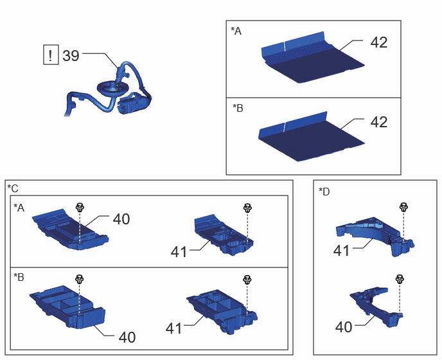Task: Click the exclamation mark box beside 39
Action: click(x=51, y=55)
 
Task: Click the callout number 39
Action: click(x=71, y=55)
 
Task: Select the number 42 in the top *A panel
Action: click(x=379, y=42)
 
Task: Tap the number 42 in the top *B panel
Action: click(x=379, y=122)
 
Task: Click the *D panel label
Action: click(x=324, y=192)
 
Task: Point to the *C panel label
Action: click(x=13, y=188)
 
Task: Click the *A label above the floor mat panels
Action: click(x=236, y=31)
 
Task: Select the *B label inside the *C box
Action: click(x=19, y=277)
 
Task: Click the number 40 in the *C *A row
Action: click(x=121, y=219)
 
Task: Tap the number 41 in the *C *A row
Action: click(x=179, y=252)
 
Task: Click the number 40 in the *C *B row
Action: click(x=127, y=337)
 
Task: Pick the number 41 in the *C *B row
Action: click(x=173, y=328)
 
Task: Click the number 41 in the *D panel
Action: click(x=341, y=251)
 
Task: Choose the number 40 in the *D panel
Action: click(x=344, y=327)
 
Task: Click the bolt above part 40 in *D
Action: click(x=400, y=279)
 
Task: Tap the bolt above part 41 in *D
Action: click(x=403, y=208)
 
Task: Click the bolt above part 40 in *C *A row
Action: click(x=80, y=208)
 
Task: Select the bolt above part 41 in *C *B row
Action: click(x=247, y=280)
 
